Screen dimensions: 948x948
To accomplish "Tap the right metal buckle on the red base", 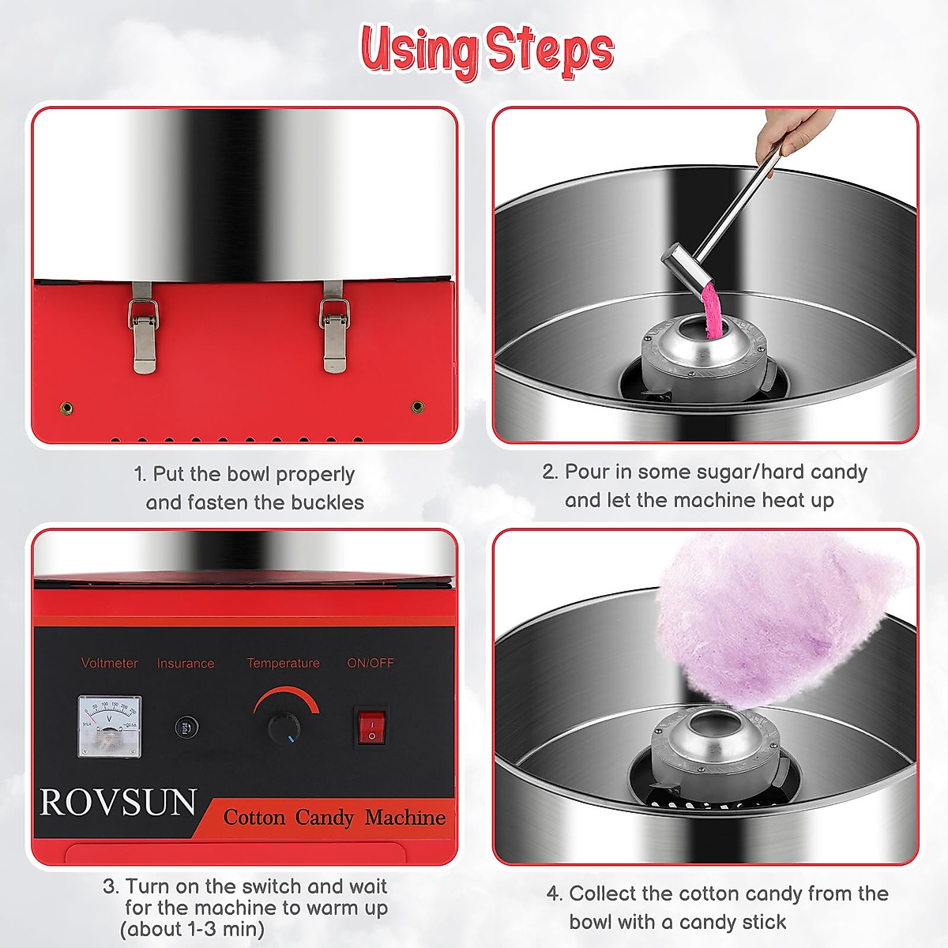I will (334, 327).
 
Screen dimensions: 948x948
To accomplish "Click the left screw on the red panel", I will (67, 408).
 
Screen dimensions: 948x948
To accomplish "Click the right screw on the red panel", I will (418, 408).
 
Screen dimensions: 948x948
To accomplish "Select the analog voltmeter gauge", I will (110, 726).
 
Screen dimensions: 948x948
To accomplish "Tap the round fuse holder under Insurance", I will (186, 727).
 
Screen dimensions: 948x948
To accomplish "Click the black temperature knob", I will (284, 728).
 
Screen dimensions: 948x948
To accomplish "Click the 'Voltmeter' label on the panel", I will (110, 663).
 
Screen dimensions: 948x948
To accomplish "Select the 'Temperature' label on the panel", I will (283, 663).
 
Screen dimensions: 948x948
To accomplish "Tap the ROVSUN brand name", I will (118, 803).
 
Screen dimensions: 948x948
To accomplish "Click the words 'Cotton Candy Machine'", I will (334, 817).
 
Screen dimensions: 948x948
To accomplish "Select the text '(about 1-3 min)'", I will (192, 929).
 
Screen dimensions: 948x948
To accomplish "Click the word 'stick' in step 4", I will (764, 922).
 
